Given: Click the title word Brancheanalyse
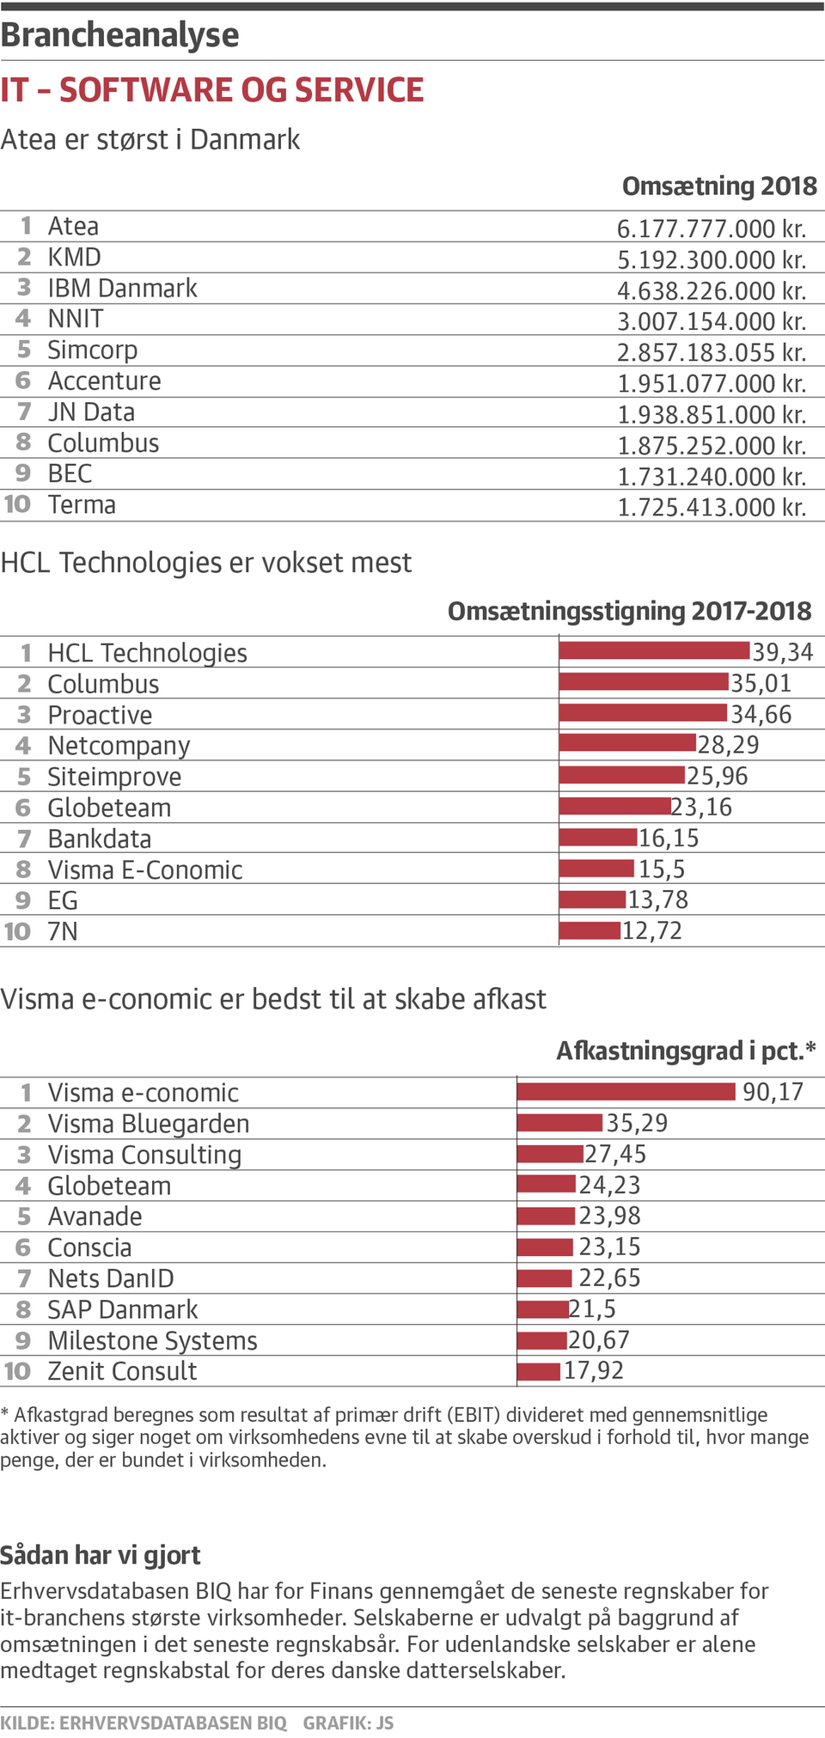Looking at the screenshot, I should pos(119,35).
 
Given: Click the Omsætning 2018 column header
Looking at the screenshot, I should pos(718,186).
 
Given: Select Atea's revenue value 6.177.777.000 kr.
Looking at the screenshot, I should pos(711,229).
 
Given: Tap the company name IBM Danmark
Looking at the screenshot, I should pos(122,288).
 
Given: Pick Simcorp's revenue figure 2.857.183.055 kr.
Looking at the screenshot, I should pos(711,352).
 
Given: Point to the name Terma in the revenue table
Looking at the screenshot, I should pos(82,504).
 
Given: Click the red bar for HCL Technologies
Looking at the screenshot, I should pos(654,650).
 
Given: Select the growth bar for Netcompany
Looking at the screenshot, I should pos(627,743).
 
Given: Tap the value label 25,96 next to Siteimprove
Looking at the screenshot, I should pos(717,777).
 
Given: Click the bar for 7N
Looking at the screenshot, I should pos(590,930).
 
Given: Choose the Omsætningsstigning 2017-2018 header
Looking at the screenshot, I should pos(629,611).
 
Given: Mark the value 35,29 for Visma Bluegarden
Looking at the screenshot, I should pos(637,1124).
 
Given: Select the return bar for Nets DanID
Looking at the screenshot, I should pos(545,1278).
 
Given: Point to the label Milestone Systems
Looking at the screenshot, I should pos(152,1340).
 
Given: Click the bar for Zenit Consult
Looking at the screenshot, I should pos(539,1371).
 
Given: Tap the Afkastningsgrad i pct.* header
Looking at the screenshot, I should pos(685,1051).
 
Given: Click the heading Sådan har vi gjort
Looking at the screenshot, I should pos(101,1555).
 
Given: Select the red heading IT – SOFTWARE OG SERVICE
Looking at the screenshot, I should pos(212,90).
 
